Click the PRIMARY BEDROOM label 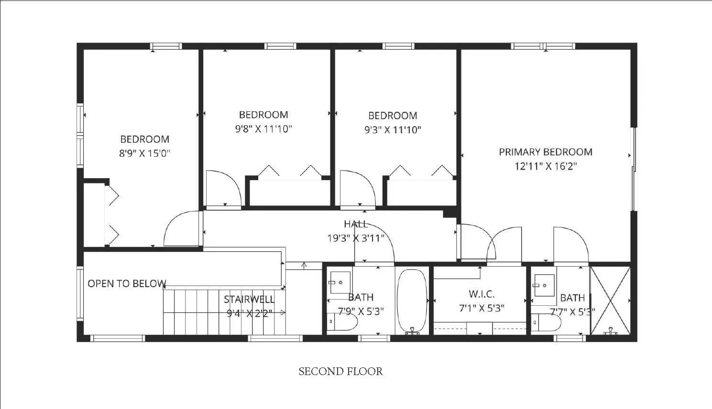[546, 152]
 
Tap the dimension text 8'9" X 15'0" [144, 153]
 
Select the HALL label [356, 224]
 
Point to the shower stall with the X [610, 300]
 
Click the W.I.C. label [482, 294]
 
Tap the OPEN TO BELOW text [127, 283]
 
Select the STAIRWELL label [249, 300]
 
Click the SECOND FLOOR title [340, 371]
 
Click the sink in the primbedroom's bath [544, 285]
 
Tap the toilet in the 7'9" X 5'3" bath [343, 322]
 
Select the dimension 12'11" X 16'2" [546, 166]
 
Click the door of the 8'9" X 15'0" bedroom [182, 229]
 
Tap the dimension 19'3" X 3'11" [356, 238]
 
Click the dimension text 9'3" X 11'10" [392, 129]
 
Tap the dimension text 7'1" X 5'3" [482, 309]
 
